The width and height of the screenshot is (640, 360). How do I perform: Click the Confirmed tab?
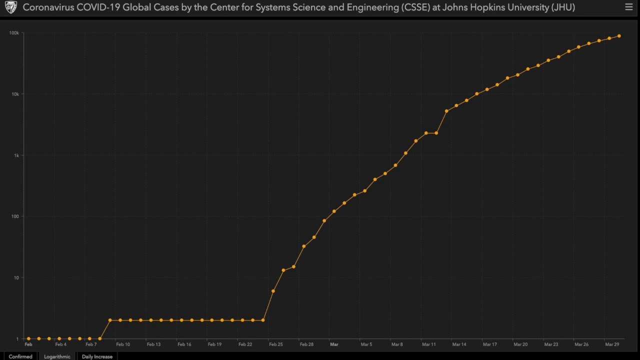coord(20,356)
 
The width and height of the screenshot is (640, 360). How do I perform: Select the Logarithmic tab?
coord(57,356)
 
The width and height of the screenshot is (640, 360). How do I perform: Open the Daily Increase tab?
coord(97,356)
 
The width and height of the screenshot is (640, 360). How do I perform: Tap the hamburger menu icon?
coord(629,7)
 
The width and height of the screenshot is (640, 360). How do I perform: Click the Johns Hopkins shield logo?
coord(11,7)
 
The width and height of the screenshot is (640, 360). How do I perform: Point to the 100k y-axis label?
coord(14,33)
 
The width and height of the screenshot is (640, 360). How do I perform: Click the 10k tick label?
coord(15,94)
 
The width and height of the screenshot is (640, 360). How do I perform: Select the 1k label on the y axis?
coord(16,155)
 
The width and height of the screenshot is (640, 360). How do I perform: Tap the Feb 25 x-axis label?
coord(275,344)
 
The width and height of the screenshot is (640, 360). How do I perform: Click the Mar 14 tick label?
coord(459,344)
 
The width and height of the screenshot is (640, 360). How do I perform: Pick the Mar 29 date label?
coord(612,344)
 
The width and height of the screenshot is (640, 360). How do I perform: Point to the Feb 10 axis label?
coord(123,344)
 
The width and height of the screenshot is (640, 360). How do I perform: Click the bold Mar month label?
coord(334,344)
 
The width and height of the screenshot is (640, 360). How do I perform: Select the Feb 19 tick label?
coord(214,344)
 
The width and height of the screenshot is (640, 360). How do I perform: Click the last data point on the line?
coord(619,36)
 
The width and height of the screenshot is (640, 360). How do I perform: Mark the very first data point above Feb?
coord(28,338)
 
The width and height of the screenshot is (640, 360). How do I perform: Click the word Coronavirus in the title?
coord(48,7)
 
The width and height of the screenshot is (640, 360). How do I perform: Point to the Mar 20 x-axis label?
coord(520,344)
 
